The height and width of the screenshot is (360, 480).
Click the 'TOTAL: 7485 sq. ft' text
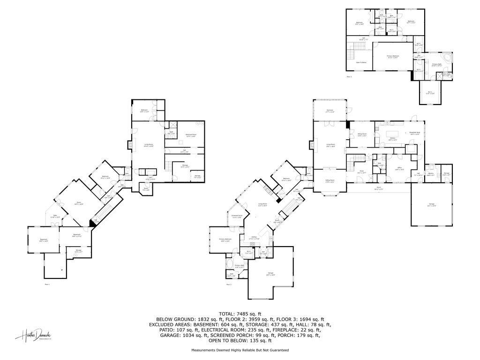pos(240,314)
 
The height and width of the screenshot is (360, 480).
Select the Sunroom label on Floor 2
pos(330,111)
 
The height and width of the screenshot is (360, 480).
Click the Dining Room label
pos(361,135)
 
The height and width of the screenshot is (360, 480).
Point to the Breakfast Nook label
pos(414,134)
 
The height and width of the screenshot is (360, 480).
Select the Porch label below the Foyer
pos(378,189)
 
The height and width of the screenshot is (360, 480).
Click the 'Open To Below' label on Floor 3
pos(361,62)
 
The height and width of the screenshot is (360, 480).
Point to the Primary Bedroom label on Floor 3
pos(392,57)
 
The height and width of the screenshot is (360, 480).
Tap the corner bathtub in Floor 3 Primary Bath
pos(448,58)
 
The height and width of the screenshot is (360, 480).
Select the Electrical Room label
pos(191,135)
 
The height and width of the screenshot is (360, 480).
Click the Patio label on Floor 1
pos(55,216)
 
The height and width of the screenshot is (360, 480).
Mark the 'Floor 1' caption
pos(47,284)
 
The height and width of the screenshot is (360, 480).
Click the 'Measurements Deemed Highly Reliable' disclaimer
pos(240,350)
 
